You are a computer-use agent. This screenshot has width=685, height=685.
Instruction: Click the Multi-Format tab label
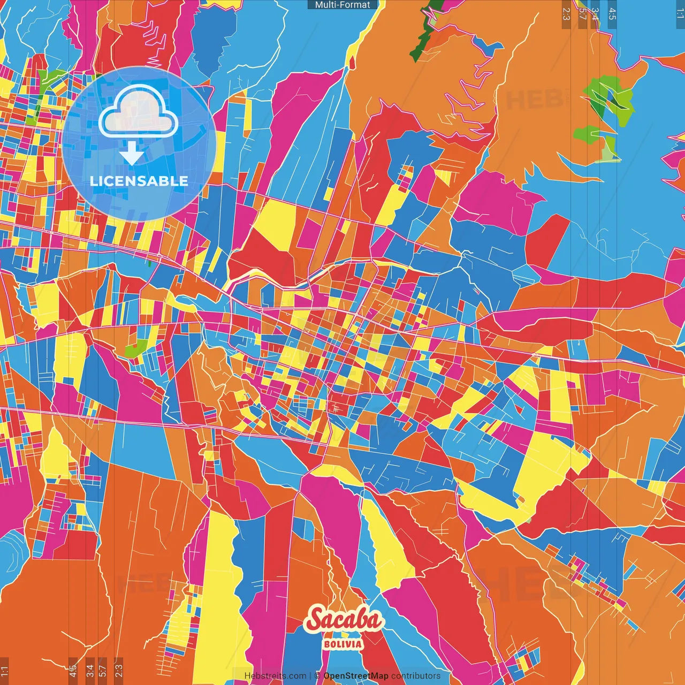[x=342, y=5]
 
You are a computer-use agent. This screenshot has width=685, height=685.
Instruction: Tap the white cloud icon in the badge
[x=138, y=111]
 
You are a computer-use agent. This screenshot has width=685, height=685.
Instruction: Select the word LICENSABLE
[x=139, y=181]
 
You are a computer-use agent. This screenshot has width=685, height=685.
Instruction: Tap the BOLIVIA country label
[x=343, y=644]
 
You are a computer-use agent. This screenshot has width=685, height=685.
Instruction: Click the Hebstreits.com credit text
[x=275, y=676]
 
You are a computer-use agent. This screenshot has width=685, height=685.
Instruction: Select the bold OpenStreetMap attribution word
[x=356, y=676]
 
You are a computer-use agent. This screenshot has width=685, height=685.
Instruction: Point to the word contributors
[x=416, y=676]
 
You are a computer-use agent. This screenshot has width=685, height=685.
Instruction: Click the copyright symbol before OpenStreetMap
[x=317, y=676]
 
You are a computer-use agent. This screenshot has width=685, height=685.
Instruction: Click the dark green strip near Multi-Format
[x=423, y=32]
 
